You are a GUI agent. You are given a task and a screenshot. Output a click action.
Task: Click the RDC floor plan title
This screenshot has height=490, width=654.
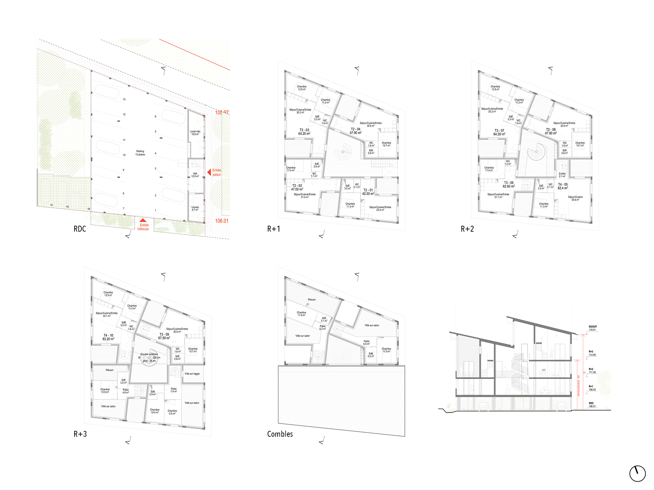(80, 229)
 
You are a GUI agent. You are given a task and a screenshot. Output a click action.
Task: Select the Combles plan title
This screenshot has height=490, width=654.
(280, 434)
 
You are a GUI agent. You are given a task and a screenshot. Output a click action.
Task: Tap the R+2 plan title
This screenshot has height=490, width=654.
(467, 229)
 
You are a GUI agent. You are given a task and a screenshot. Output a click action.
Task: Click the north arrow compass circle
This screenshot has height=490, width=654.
(637, 473)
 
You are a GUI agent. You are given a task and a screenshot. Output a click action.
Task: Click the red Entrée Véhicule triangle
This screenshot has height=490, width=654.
(143, 220)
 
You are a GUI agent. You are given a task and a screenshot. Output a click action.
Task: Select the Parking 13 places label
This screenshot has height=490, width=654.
(140, 153)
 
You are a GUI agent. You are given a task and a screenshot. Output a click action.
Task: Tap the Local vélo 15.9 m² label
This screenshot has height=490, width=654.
(195, 133)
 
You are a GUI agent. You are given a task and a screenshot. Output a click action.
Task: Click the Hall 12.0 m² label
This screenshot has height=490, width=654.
(195, 175)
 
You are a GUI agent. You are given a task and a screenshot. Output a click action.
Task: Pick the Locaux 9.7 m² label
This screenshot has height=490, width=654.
(195, 208)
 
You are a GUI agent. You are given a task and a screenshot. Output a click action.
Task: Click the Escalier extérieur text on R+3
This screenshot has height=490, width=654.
(149, 354)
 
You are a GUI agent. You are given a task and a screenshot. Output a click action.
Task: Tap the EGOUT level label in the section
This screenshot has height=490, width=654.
(593, 327)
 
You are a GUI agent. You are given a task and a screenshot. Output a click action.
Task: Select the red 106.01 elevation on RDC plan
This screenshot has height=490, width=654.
(222, 221)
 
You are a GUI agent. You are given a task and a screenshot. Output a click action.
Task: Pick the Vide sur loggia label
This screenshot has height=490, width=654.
(192, 374)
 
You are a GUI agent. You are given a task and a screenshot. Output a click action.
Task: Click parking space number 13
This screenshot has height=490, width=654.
(124, 99)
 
